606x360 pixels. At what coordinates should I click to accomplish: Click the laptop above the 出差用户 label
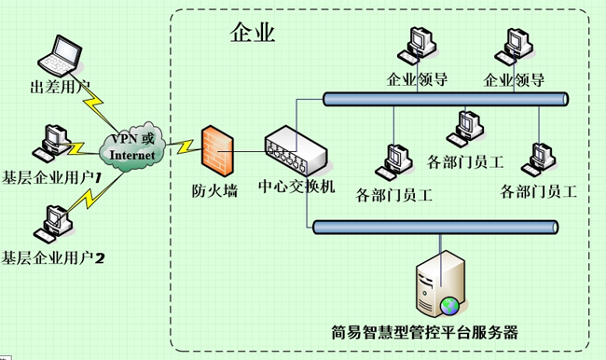tap(62, 57)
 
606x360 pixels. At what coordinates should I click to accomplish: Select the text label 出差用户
tap(60, 89)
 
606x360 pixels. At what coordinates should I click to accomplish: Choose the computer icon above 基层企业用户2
tap(48, 221)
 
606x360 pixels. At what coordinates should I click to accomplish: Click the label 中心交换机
tap(296, 187)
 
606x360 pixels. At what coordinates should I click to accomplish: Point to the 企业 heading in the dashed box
tap(252, 35)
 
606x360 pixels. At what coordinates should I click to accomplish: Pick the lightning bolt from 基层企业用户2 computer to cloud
tap(90, 195)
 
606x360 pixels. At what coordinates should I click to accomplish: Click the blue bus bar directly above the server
tap(435, 227)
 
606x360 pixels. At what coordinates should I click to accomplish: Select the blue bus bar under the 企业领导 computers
tap(445, 98)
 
